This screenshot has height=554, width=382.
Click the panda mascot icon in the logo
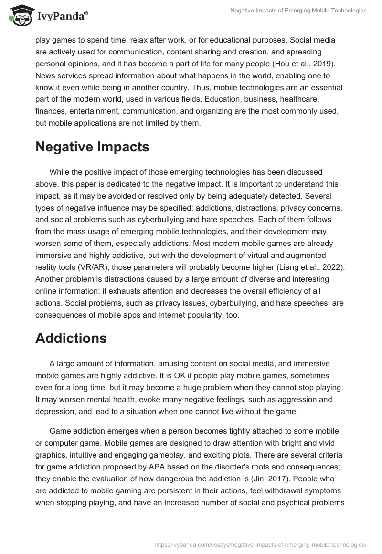pos(20,17)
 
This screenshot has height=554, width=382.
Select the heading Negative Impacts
pos(92,147)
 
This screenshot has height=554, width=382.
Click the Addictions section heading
pos(71,338)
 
